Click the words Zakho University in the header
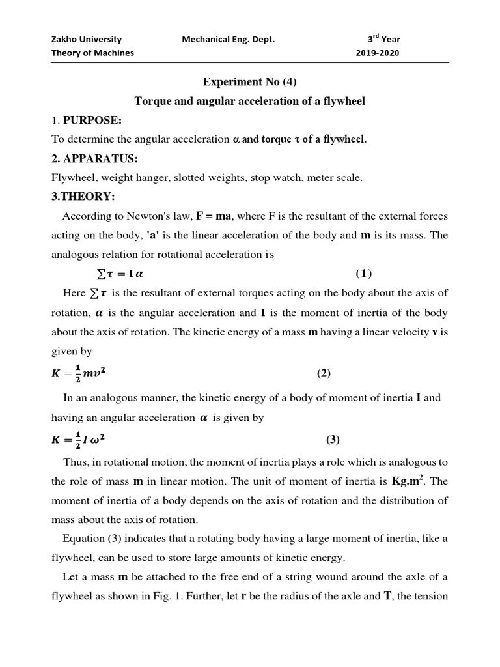pos(87,39)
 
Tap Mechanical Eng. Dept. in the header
pos(229,39)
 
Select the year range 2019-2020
pos(378,53)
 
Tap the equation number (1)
pos(364,273)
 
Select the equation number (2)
pos(324,373)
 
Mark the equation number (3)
pos(333,440)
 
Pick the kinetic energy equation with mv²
pos(83,373)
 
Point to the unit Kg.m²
pos(410,482)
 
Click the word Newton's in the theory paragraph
pos(136,216)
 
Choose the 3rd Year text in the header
pos(383,39)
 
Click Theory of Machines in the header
pos(92,53)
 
